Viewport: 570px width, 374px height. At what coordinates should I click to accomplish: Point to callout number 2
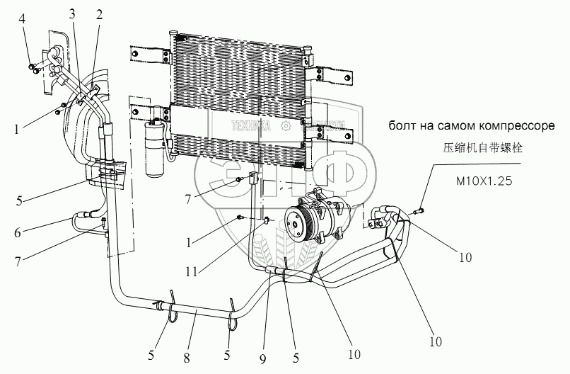[99, 13]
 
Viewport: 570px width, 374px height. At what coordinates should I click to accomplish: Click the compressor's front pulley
[297, 221]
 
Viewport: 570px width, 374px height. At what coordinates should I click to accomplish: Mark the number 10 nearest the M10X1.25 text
[464, 259]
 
